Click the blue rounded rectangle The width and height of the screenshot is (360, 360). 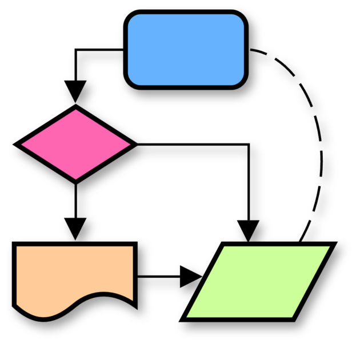coord(186,50)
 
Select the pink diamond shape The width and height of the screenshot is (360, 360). coord(75,144)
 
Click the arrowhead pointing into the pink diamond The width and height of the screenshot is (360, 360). coord(75,91)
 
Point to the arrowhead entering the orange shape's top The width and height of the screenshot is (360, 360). coord(75,229)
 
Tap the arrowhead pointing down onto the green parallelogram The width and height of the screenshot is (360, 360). coord(248,230)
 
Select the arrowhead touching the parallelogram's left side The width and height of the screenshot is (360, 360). coord(190,277)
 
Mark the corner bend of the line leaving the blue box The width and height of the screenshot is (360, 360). coord(75,50)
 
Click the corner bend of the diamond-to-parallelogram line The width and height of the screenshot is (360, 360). coord(248,144)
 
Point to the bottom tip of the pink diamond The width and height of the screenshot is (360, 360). coord(75,181)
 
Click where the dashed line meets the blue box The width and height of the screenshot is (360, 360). coord(249,50)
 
